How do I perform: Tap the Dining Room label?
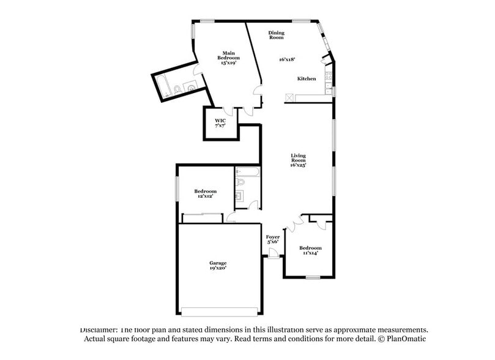(x=277, y=35)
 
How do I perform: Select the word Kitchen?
(x=307, y=79)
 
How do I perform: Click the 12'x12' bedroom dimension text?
(x=206, y=197)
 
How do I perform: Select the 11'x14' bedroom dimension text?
(x=310, y=253)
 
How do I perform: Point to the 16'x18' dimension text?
(x=287, y=59)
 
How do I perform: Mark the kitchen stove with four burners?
(x=329, y=78)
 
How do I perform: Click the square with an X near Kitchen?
(x=289, y=97)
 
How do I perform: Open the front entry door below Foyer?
(x=273, y=257)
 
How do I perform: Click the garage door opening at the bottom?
(x=220, y=308)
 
